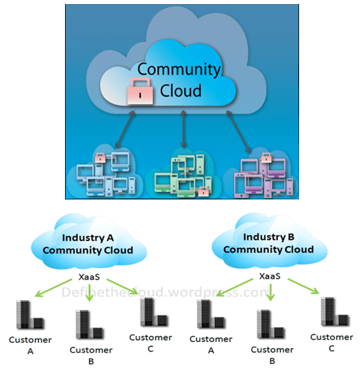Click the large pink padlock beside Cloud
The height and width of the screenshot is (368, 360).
140,91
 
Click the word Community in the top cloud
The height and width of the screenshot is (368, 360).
179,70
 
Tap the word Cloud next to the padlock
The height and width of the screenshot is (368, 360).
181,90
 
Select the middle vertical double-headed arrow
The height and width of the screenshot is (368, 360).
183,129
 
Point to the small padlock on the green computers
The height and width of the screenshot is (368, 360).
203,191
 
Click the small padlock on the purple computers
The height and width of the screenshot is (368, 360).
266,158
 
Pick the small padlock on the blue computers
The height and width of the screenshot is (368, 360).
101,158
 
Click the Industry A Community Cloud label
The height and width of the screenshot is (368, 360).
88,244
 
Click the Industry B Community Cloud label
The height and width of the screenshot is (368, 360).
268,243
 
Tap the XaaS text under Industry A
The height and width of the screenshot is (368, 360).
89,277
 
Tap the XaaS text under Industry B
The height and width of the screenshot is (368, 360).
270,276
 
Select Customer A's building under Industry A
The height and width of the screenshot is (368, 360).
30,315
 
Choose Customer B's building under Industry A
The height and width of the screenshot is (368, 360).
90,325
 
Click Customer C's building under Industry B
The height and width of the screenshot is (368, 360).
335,312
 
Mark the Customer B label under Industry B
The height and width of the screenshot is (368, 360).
272,356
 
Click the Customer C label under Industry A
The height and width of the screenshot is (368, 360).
151,343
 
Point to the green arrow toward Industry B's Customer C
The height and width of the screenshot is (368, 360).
303,286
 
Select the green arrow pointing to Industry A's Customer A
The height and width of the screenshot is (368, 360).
53,288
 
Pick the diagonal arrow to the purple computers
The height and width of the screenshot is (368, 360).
238,132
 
